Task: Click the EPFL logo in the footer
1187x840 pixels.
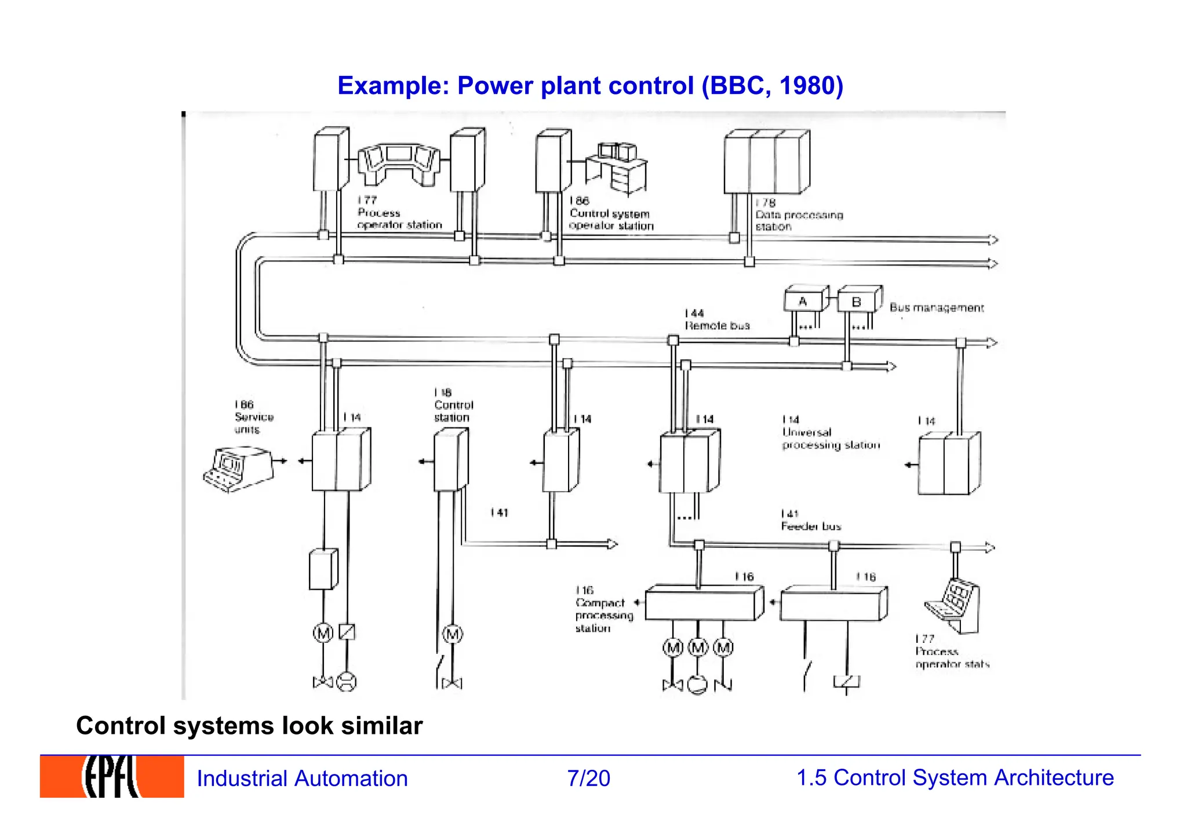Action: pyautogui.click(x=111, y=776)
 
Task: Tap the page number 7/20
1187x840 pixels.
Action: pyautogui.click(x=588, y=778)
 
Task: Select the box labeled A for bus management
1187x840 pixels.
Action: pyautogui.click(x=804, y=300)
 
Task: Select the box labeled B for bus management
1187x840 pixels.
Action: pyautogui.click(x=857, y=301)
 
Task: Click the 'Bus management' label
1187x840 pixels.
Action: pyautogui.click(x=936, y=308)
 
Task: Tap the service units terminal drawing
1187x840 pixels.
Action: pyautogui.click(x=238, y=468)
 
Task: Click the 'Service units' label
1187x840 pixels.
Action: pyautogui.click(x=254, y=417)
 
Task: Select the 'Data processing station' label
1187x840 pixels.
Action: pyautogui.click(x=798, y=215)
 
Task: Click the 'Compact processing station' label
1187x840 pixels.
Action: pyautogui.click(x=603, y=609)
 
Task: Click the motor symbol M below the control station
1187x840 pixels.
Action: pyautogui.click(x=453, y=634)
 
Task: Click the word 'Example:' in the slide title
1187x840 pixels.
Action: pyautogui.click(x=394, y=86)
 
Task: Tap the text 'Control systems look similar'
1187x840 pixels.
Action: pyautogui.click(x=249, y=725)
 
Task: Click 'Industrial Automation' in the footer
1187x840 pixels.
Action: pyautogui.click(x=302, y=778)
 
